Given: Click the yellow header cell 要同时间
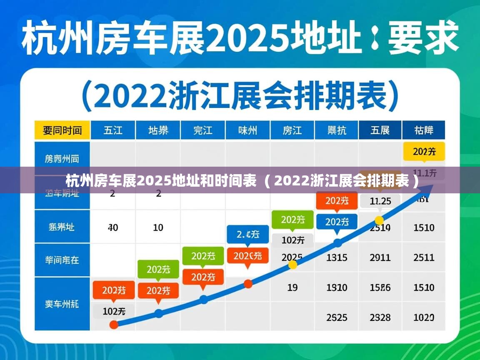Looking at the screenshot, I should pos(62,130).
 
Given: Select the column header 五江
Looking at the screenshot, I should pos(113,130).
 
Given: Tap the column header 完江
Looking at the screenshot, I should pos(203,130).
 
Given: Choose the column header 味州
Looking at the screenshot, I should pos(247,130).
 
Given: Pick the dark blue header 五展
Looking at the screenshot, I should pos(380,130).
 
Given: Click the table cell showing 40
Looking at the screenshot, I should pos(112,227).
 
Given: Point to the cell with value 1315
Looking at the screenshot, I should pos(337,257).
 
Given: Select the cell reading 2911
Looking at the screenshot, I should pos(380,257).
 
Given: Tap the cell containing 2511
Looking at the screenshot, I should pos(424,257).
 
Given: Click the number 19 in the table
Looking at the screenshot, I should pos(292,287).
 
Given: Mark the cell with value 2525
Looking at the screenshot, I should pos(337,317).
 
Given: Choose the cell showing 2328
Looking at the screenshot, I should pos(380,317).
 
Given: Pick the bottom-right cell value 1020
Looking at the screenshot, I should pos(424,317).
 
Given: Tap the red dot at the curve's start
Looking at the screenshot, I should pos(114,325).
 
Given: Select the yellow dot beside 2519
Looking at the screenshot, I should pos(379,220).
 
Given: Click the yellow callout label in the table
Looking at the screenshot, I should pos(424,152).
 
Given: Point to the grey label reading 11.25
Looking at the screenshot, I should pos(380,201).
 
